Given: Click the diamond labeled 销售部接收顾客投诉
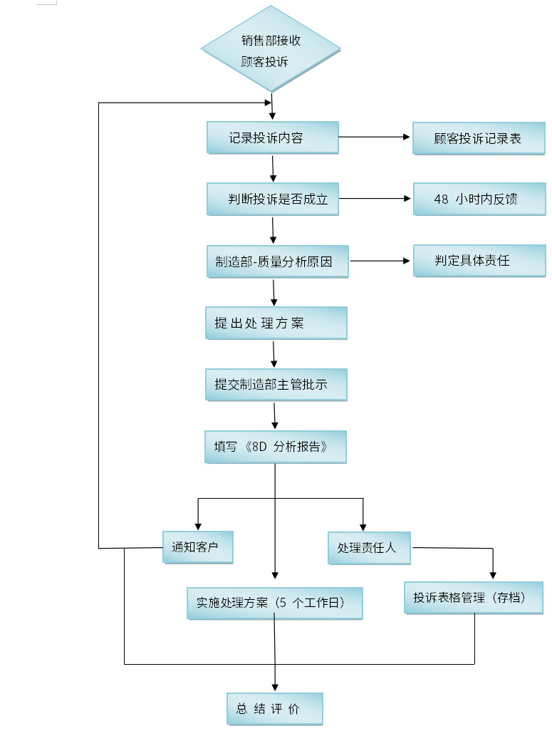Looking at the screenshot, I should pos(271,50).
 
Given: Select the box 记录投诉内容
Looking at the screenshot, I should pos(272,138).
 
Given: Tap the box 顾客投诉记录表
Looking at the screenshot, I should pos(479,138).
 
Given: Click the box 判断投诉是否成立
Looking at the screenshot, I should pos(272,199).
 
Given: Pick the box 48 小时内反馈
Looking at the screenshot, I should pos(479,199).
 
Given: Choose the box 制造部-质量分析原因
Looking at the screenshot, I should pos(274,261).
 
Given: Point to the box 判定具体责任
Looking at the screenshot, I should pos(479,261).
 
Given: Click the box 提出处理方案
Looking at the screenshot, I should pos(276,323).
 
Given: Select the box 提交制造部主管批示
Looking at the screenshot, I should pos(276,385).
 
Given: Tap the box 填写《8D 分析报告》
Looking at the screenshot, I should pos(276,447).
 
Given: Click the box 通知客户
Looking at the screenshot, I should pos(197,548).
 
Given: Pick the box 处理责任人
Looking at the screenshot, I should pos(369,549).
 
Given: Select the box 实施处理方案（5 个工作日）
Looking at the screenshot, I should pos(275,603).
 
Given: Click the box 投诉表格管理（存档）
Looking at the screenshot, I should pos(474,598).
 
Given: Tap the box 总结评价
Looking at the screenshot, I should pos(275,710).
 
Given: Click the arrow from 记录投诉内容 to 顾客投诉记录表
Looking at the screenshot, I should pos(375,136).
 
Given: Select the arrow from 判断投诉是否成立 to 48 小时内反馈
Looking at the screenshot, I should pos(375,198).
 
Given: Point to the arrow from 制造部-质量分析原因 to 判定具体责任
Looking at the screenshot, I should pos(382,261).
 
